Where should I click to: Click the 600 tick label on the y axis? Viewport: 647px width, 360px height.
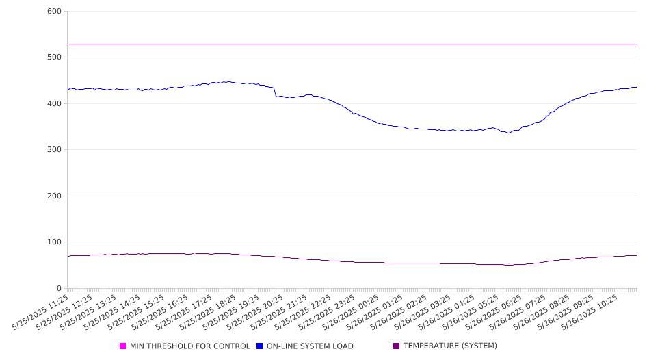coord(54,11)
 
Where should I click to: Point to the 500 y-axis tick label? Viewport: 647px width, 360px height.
coord(54,57)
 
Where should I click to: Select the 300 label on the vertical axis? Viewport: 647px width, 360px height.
coord(54,149)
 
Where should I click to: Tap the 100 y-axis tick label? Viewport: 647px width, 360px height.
coord(54,242)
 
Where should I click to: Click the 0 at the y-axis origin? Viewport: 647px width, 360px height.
coord(59,288)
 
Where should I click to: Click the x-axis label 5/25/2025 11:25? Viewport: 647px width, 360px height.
coord(40,312)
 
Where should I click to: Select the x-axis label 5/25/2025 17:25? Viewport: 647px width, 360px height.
coord(183,312)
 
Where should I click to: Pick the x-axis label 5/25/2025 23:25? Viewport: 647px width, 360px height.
coord(327,312)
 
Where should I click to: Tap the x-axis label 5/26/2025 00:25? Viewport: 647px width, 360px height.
coord(351,312)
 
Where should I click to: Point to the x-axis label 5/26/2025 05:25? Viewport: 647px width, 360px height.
coord(471,312)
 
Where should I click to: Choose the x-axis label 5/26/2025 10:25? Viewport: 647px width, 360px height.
coord(590,312)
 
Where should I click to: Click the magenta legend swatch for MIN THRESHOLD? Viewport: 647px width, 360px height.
coord(122,346)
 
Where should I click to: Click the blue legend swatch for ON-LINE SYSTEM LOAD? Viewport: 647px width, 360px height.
coord(259,346)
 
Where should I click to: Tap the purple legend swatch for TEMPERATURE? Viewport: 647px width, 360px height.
coord(397,346)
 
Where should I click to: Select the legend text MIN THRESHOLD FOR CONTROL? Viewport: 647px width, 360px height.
coord(190,346)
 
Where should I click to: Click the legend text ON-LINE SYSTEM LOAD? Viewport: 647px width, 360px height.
coord(310,346)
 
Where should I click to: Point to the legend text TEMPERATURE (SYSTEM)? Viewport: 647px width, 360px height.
coord(450,346)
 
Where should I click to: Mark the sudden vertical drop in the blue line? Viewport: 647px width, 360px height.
coord(275,92)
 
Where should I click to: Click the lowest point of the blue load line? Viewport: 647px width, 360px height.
coord(508,133)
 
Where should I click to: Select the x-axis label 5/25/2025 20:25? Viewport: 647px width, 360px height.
coord(255,312)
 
